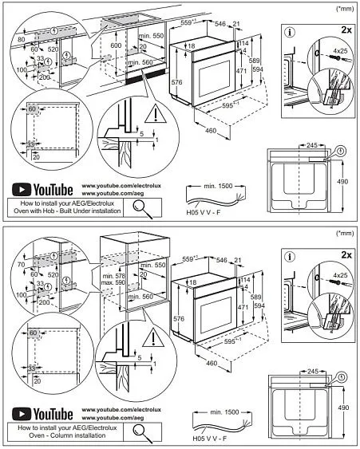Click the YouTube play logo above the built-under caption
[21, 190]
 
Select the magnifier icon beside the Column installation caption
[143, 431]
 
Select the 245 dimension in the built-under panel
[311, 145]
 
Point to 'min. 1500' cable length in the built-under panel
[218, 184]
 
